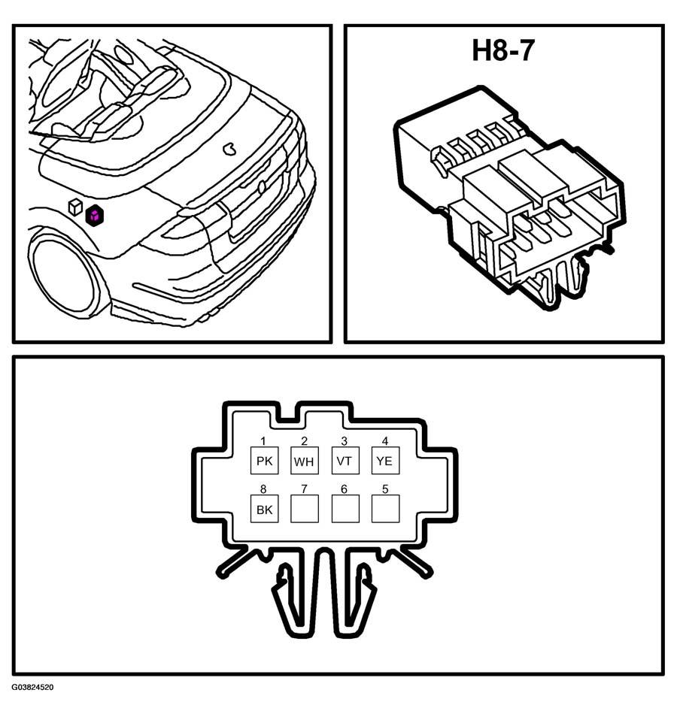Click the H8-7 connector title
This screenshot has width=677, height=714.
[502, 50]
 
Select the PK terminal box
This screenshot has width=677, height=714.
[265, 461]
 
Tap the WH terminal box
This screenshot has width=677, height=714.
[304, 461]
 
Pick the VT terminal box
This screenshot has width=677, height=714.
[345, 461]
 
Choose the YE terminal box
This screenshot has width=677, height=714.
[385, 461]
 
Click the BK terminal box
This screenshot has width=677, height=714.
[265, 509]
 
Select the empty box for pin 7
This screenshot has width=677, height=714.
[304, 509]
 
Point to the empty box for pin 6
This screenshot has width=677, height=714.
[345, 509]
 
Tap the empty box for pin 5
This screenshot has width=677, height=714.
[385, 509]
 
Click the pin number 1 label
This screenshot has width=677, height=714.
[263, 440]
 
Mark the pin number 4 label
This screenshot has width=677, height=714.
[385, 440]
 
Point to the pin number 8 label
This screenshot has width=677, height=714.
[263, 489]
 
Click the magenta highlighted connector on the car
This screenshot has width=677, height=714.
[95, 216]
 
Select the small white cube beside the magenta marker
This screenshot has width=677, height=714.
[74, 206]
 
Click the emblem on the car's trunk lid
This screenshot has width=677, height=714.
[229, 149]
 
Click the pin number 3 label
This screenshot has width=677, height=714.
[345, 440]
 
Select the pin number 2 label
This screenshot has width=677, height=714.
[304, 440]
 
